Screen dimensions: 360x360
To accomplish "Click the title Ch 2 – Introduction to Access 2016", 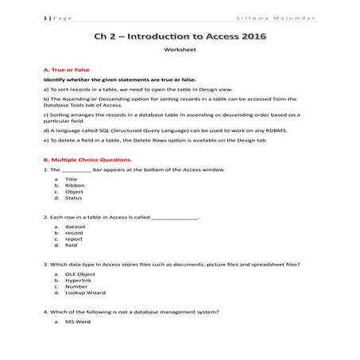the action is [x=180, y=37].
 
